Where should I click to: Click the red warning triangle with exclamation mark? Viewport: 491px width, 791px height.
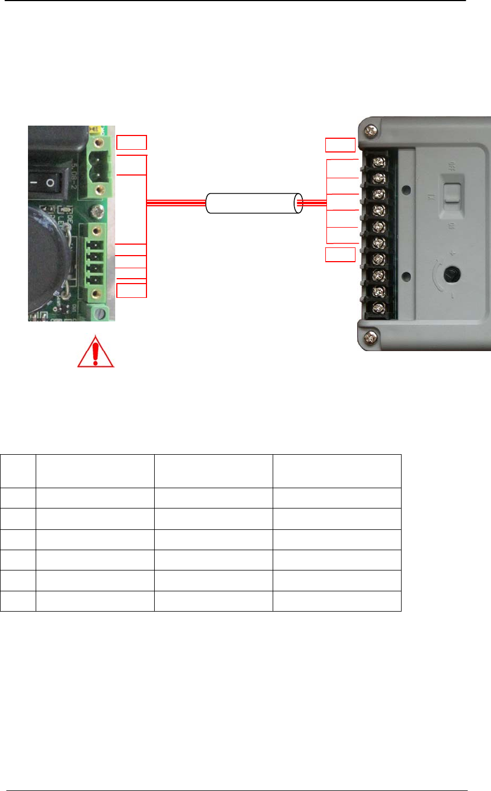pyautogui.click(x=95, y=352)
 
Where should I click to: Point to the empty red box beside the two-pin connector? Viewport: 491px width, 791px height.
pyautogui.click(x=132, y=142)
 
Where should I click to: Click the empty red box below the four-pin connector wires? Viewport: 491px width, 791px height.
pyautogui.click(x=132, y=290)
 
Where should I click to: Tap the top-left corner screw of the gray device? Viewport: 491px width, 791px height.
pyautogui.click(x=370, y=130)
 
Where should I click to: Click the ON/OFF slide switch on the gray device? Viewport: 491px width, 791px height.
pyautogui.click(x=451, y=194)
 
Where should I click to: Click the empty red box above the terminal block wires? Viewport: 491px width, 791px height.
pyautogui.click(x=340, y=145)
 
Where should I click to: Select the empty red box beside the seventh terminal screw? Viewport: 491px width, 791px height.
pyautogui.click(x=340, y=255)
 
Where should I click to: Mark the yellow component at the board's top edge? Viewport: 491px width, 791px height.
pyautogui.click(x=95, y=131)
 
